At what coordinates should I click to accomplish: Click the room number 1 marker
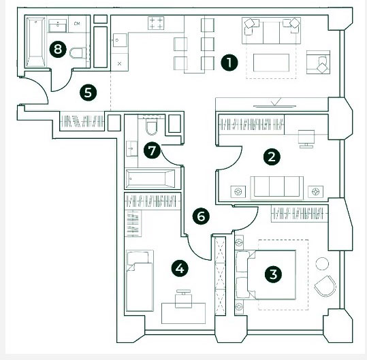click(229, 63)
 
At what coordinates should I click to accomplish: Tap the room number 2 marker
click(272, 157)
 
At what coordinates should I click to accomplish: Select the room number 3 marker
click(273, 274)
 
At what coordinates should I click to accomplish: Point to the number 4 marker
click(180, 269)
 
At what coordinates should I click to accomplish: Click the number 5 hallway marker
click(88, 93)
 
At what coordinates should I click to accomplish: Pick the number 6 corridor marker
click(201, 216)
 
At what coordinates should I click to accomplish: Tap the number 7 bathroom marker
click(152, 150)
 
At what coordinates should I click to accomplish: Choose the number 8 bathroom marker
click(58, 50)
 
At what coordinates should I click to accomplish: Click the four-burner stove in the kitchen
click(156, 23)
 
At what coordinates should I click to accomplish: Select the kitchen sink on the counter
click(120, 40)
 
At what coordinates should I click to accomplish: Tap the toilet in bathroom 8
click(78, 53)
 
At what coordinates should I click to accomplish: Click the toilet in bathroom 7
click(151, 127)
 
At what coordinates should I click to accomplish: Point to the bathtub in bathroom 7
click(150, 179)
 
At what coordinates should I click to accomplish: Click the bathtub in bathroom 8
click(35, 42)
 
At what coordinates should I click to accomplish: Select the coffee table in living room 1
click(271, 63)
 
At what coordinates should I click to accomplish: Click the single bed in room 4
click(140, 280)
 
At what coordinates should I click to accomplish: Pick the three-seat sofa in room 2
click(276, 188)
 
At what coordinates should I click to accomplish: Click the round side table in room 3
click(322, 263)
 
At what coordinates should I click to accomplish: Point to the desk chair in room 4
click(184, 299)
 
